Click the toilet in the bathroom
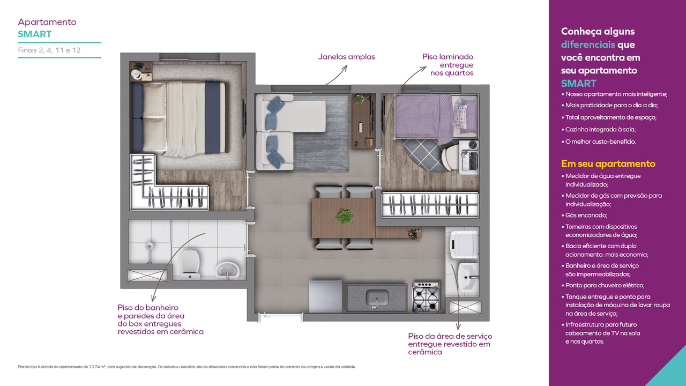coord(190,265)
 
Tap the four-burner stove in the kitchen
coord(426,297)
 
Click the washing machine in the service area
coord(464,244)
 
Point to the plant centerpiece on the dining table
coord(345,216)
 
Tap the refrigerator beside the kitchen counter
coord(325,296)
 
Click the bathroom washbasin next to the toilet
coord(227,271)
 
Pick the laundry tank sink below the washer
coord(468,277)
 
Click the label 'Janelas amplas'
coord(346,57)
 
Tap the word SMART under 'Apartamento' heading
coord(35,34)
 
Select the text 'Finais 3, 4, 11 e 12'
coord(49,50)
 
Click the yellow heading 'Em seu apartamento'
coord(608,164)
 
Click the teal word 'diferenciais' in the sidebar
coord(588,44)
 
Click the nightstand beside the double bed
coord(140,71)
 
